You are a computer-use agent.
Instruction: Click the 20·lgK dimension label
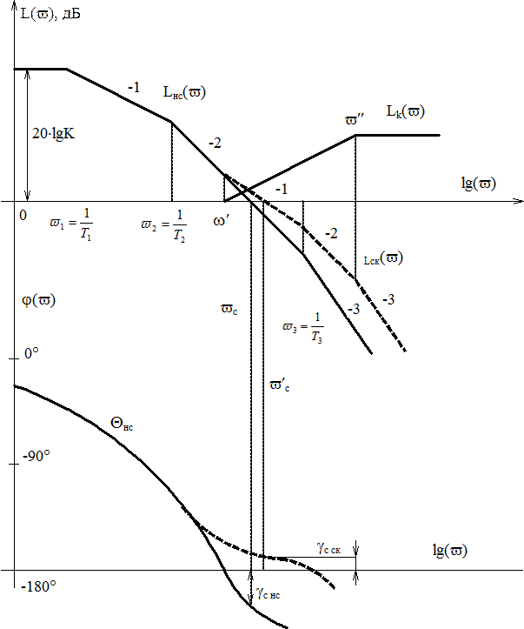tap(54, 134)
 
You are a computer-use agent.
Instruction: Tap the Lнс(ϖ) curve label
tap(184, 92)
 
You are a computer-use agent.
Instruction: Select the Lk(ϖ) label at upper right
tap(406, 111)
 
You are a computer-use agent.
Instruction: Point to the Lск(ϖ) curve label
tap(383, 258)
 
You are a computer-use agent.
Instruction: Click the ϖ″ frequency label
tap(355, 120)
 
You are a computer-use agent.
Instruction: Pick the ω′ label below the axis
tap(221, 220)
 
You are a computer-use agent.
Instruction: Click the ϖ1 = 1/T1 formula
tap(71, 224)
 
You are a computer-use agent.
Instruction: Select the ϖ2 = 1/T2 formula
tap(164, 226)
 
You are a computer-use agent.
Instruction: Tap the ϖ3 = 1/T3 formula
tap(303, 327)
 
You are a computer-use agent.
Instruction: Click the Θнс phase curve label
tap(122, 424)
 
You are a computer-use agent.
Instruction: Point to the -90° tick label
tap(36, 456)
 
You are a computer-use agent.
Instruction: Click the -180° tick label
tap(38, 586)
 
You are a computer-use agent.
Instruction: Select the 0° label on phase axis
tap(31, 353)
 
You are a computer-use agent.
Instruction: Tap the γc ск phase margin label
tap(328, 548)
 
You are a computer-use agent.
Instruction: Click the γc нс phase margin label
tap(268, 593)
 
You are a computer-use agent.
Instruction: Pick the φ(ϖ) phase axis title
tap(38, 300)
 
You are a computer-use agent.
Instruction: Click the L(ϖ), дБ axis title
tap(50, 14)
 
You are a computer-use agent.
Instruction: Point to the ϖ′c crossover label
tap(280, 385)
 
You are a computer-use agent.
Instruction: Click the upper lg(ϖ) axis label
tap(479, 184)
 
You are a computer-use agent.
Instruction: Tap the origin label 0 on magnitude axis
tap(23, 216)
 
